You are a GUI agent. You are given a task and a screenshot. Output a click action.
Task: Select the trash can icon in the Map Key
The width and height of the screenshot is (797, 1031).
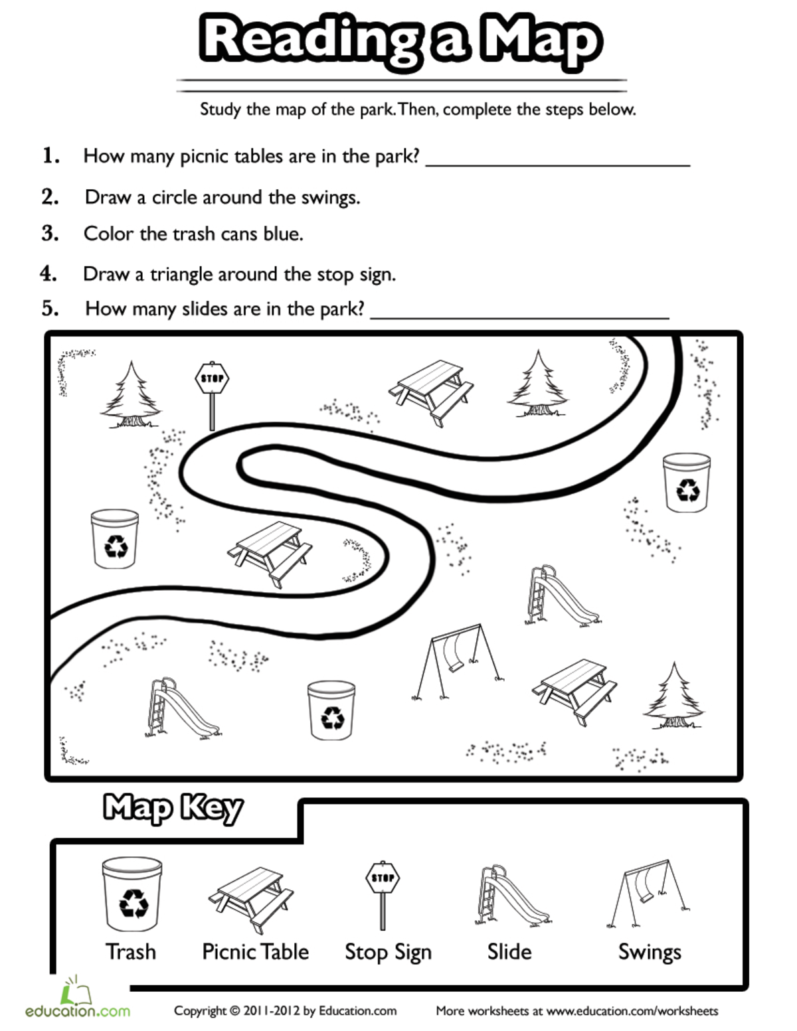(132, 894)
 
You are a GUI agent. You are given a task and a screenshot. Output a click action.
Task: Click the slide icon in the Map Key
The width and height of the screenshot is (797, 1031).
(511, 896)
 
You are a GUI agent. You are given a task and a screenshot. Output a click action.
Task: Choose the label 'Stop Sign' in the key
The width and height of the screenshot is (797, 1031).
(388, 952)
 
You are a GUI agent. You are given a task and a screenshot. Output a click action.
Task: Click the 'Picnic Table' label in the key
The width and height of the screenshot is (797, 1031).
(255, 952)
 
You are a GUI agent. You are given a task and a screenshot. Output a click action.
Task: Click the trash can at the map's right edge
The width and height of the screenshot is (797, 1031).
(687, 483)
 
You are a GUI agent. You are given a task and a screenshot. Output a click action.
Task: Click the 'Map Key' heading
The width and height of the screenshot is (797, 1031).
(173, 808)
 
